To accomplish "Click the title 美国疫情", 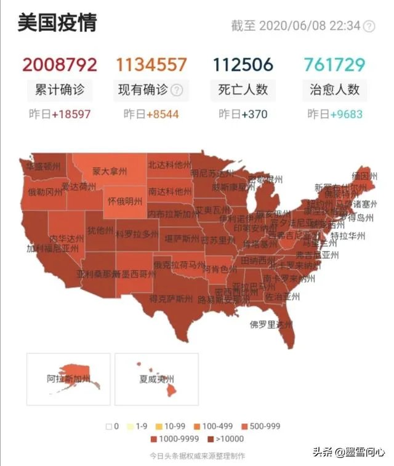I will (57, 23).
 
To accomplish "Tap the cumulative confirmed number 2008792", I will (60, 64).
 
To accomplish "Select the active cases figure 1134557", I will (151, 64).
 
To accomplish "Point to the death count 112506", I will (243, 64).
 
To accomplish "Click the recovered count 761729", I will (334, 64).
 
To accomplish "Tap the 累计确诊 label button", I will (60, 90).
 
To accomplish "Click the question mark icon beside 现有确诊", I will (177, 90).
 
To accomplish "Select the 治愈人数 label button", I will (334, 90).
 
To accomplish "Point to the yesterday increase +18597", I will (71, 114).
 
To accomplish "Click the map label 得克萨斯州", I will (171, 299).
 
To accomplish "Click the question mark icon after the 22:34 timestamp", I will (369, 26).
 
